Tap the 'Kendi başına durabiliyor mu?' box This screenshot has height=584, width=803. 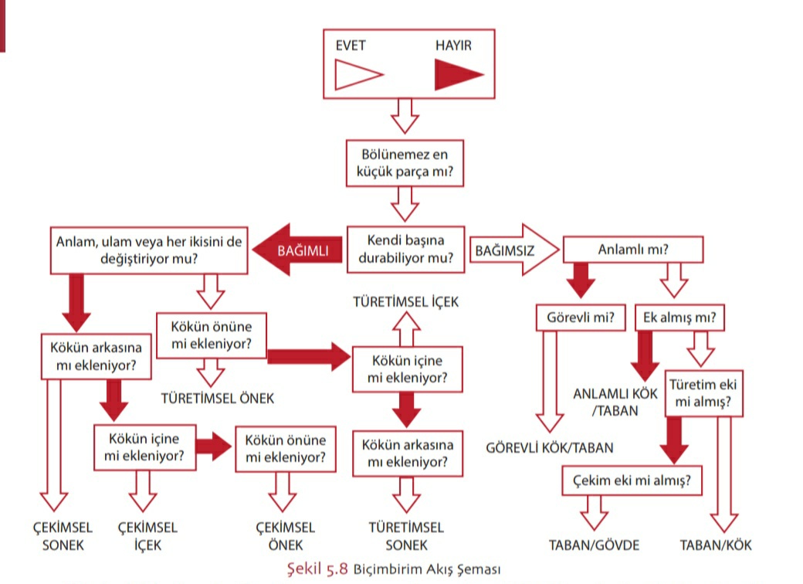click(x=405, y=250)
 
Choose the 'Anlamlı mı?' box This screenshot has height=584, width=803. click(x=633, y=250)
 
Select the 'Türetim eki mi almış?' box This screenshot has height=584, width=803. click(x=703, y=393)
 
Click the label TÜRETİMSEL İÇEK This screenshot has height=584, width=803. click(x=405, y=302)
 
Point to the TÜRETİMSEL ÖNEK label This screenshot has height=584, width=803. click(x=218, y=399)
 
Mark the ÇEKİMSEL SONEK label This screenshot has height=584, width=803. click(x=63, y=537)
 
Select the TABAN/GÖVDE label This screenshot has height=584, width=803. click(x=595, y=545)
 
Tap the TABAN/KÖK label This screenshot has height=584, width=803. click(x=715, y=545)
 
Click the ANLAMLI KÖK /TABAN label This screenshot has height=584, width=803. click(x=615, y=402)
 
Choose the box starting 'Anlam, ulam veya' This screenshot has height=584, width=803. click(x=149, y=250)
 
